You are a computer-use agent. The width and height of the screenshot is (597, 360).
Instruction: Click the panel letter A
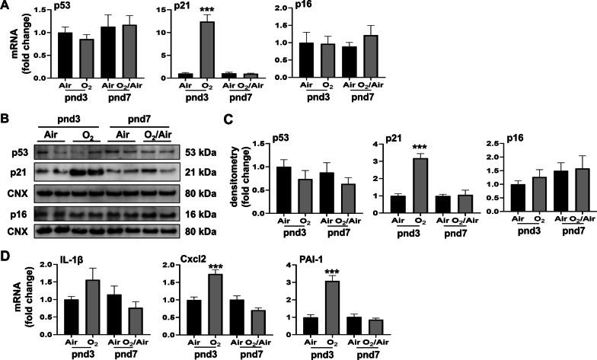point(6,6)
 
